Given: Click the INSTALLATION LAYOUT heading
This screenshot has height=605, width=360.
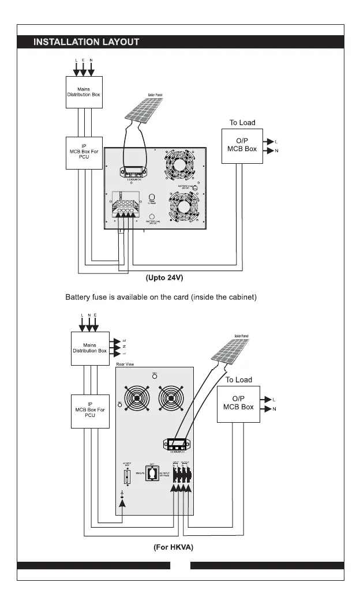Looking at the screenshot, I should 87,42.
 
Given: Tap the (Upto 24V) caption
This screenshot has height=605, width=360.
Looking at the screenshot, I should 164,277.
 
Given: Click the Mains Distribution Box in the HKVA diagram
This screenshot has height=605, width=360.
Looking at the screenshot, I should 90,348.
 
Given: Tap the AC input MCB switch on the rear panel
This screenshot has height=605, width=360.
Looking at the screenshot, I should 127,477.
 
